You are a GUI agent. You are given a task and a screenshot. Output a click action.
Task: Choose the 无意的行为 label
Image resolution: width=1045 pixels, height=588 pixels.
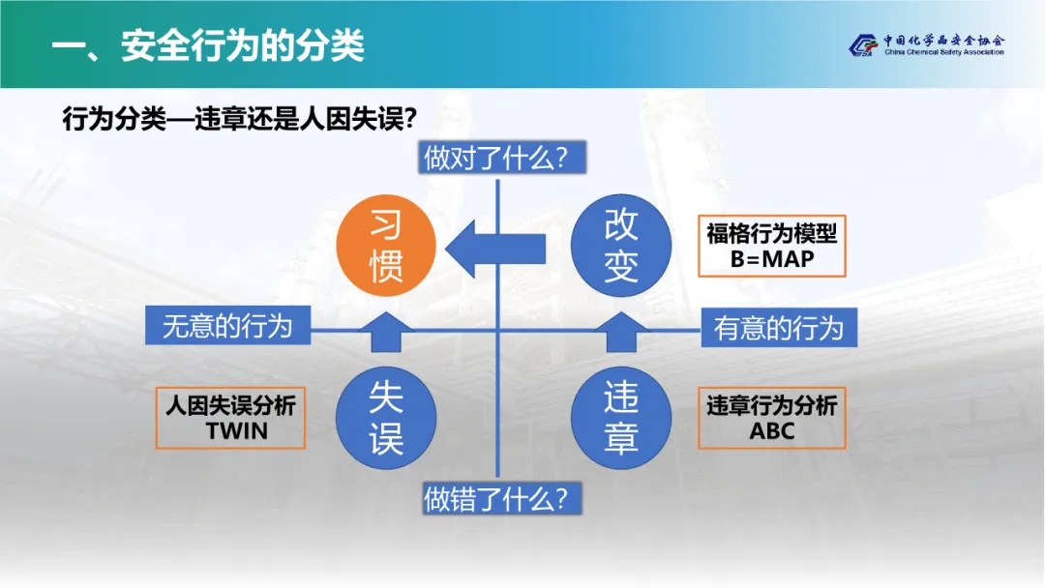coord(227,325)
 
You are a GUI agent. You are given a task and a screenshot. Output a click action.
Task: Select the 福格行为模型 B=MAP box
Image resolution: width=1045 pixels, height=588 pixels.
coord(772,246)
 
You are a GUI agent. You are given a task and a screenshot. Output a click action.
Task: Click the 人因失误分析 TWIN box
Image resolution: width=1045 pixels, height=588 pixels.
coord(230,418)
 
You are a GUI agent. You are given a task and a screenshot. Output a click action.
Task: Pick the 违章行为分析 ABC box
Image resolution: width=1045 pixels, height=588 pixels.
coord(772,418)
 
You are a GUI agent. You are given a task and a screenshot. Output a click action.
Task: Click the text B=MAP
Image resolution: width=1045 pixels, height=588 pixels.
coord(772,259)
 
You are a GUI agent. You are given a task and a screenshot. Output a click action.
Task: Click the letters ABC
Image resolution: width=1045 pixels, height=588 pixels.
coord(772,431)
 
